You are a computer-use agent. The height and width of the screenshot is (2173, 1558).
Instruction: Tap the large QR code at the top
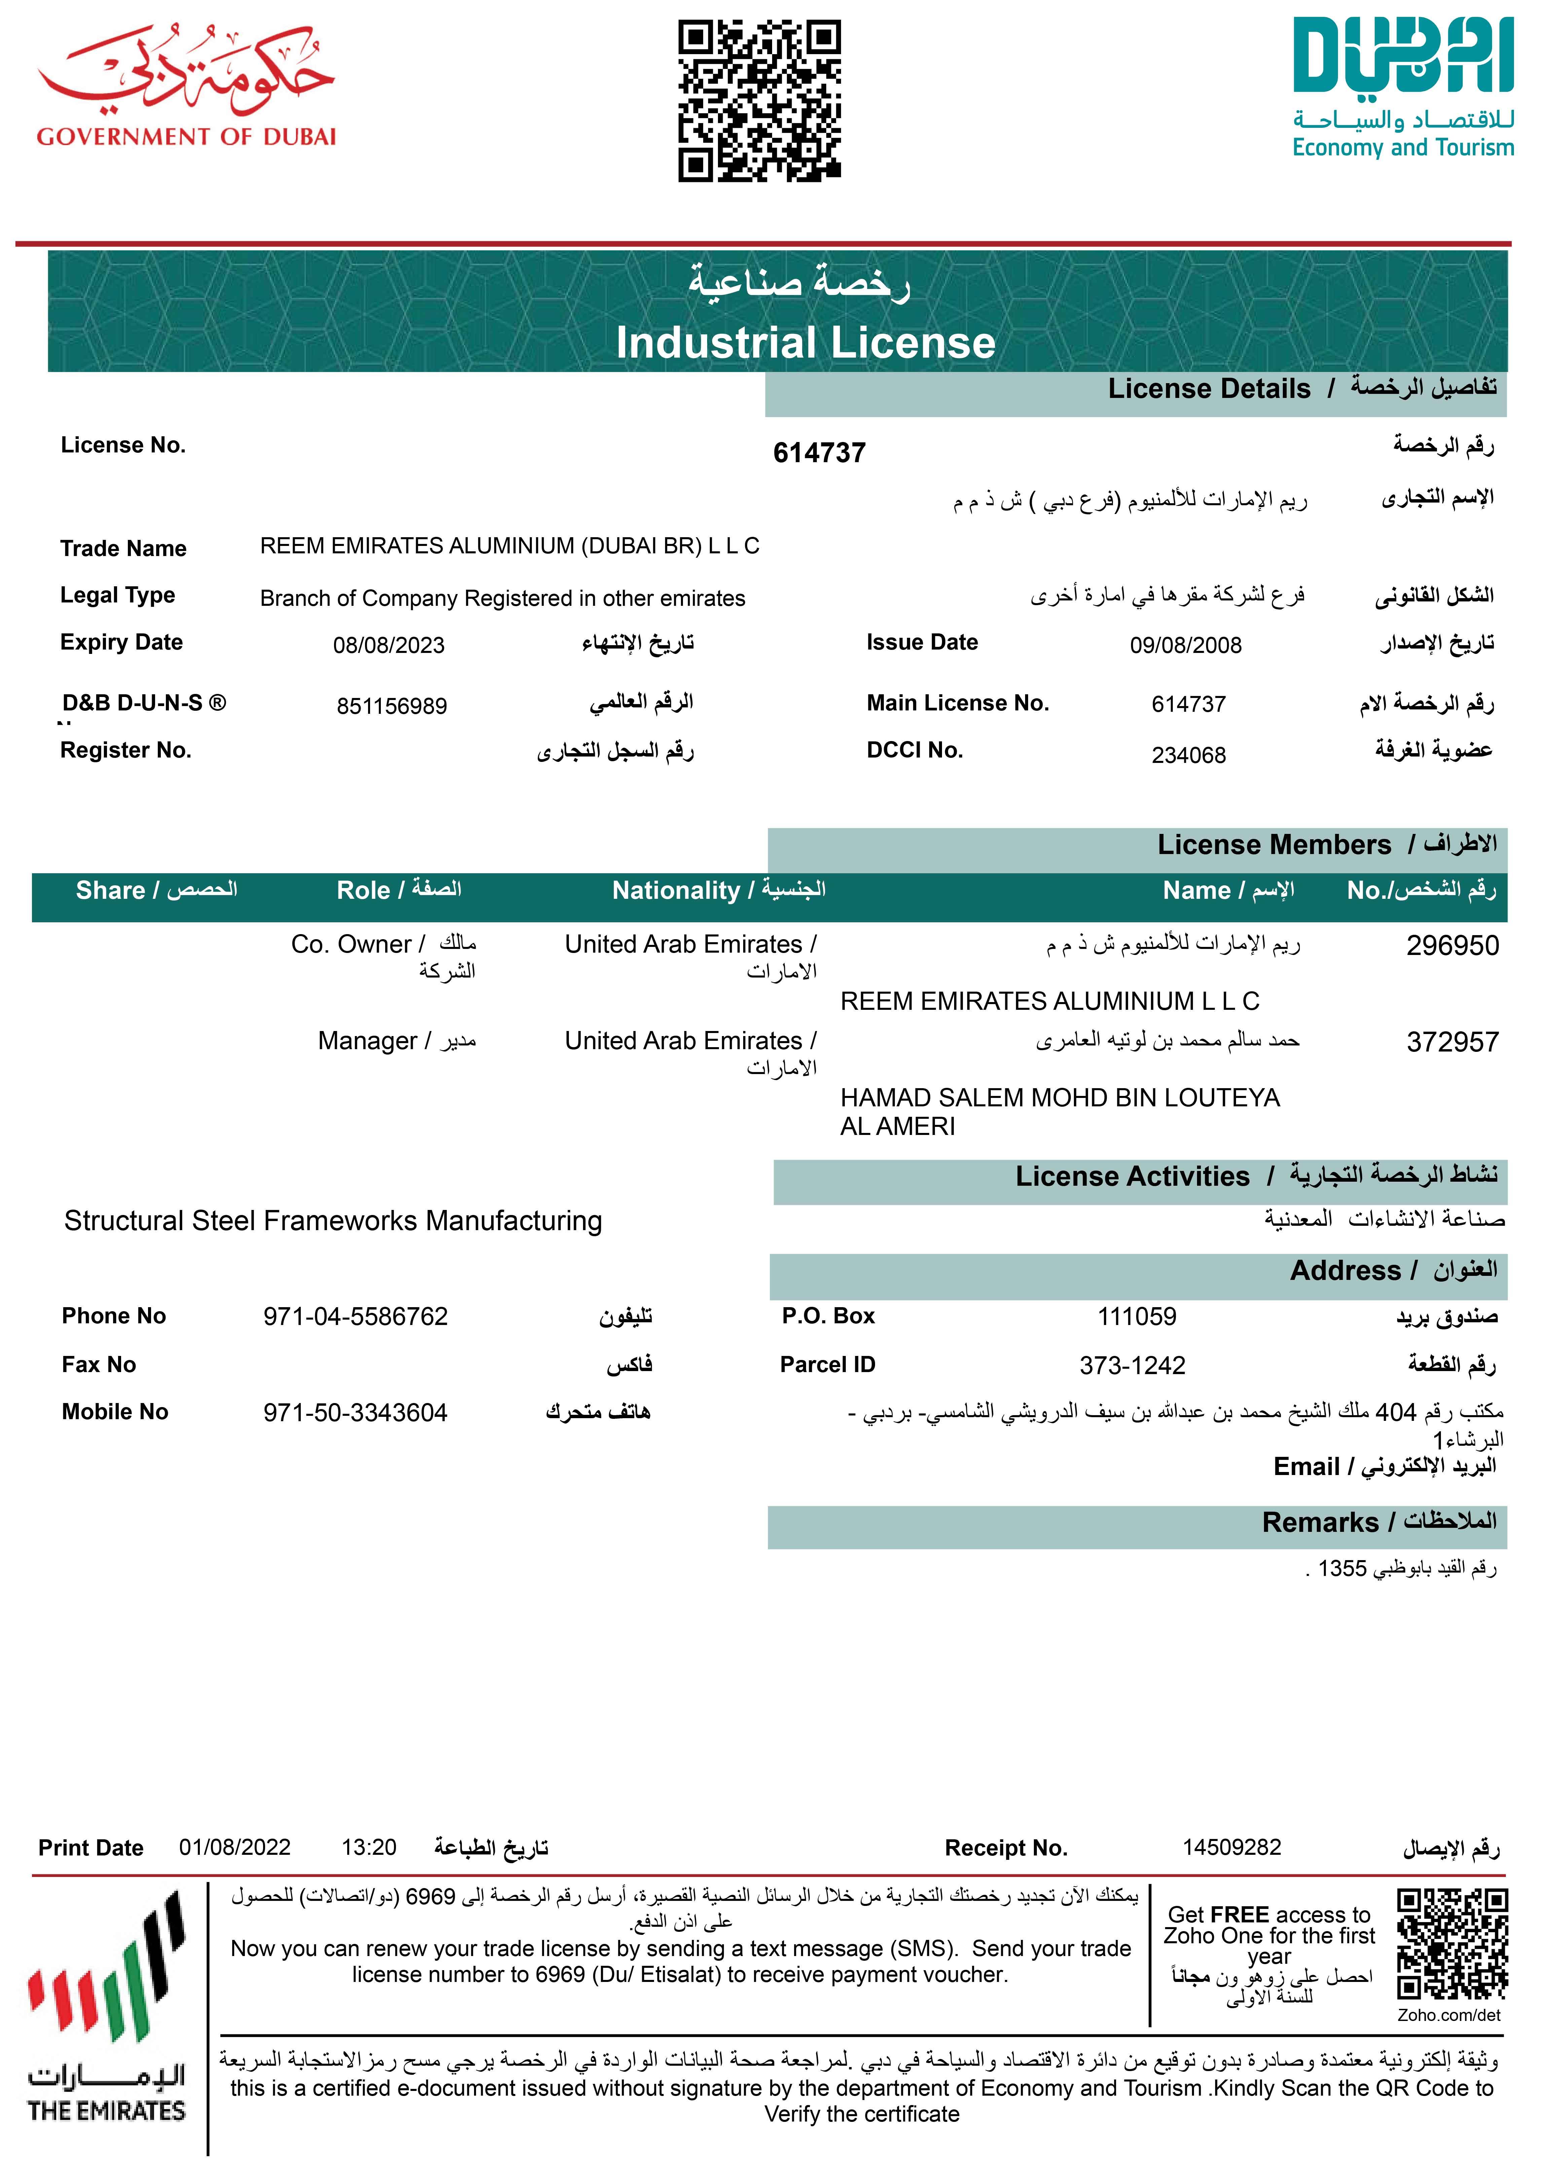tap(760, 101)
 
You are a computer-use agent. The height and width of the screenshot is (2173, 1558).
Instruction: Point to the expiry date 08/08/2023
tap(389, 645)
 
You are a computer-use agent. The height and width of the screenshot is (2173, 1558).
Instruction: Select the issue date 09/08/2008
tap(1185, 645)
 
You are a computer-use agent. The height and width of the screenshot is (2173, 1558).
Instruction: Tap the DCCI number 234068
tap(1188, 755)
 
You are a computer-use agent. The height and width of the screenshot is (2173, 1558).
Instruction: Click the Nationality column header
tap(719, 890)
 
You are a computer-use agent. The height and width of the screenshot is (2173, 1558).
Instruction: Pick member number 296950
tap(1452, 946)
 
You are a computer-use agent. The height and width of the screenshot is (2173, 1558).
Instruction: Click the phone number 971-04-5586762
tap(356, 1317)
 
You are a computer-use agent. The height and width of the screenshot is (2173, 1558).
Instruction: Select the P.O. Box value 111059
tap(1136, 1317)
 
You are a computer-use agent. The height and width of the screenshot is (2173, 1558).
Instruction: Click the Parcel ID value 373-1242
tap(1132, 1365)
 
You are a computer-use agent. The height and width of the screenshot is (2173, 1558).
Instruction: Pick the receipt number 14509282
tap(1231, 1847)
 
